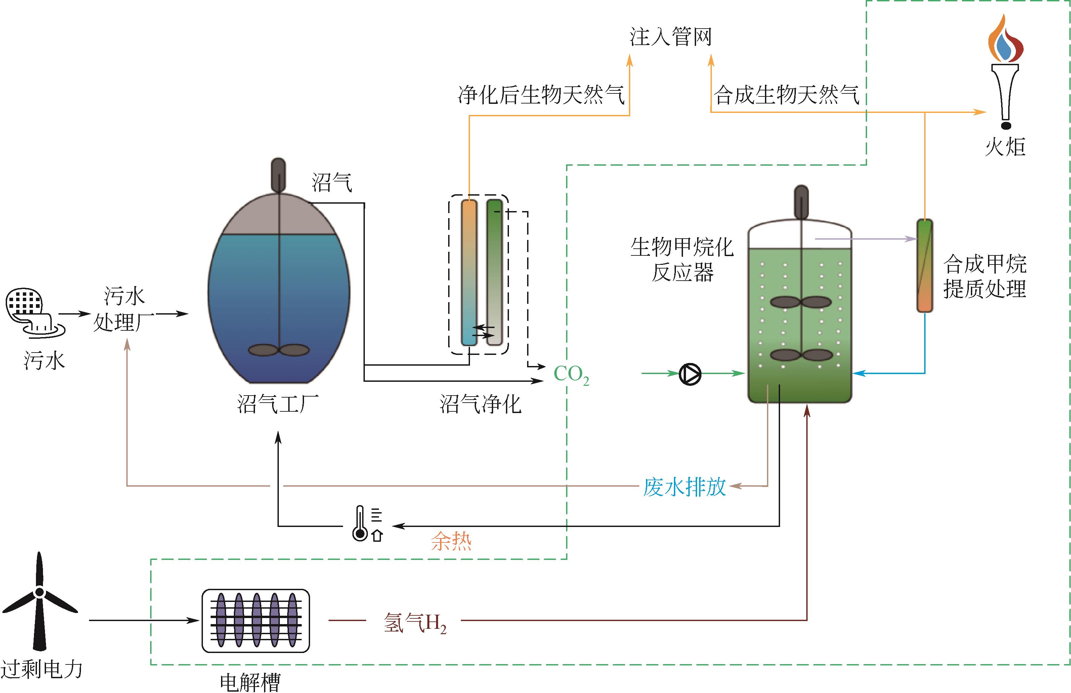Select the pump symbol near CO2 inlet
point(690,373)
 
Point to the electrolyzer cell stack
point(256,620)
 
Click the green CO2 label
point(571,374)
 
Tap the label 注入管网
point(670,37)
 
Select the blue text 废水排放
point(684,487)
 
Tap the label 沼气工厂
point(277,404)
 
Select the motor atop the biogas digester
point(279,175)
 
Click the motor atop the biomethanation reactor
point(801,202)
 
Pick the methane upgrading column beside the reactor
point(925,266)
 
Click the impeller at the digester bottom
point(279,350)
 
